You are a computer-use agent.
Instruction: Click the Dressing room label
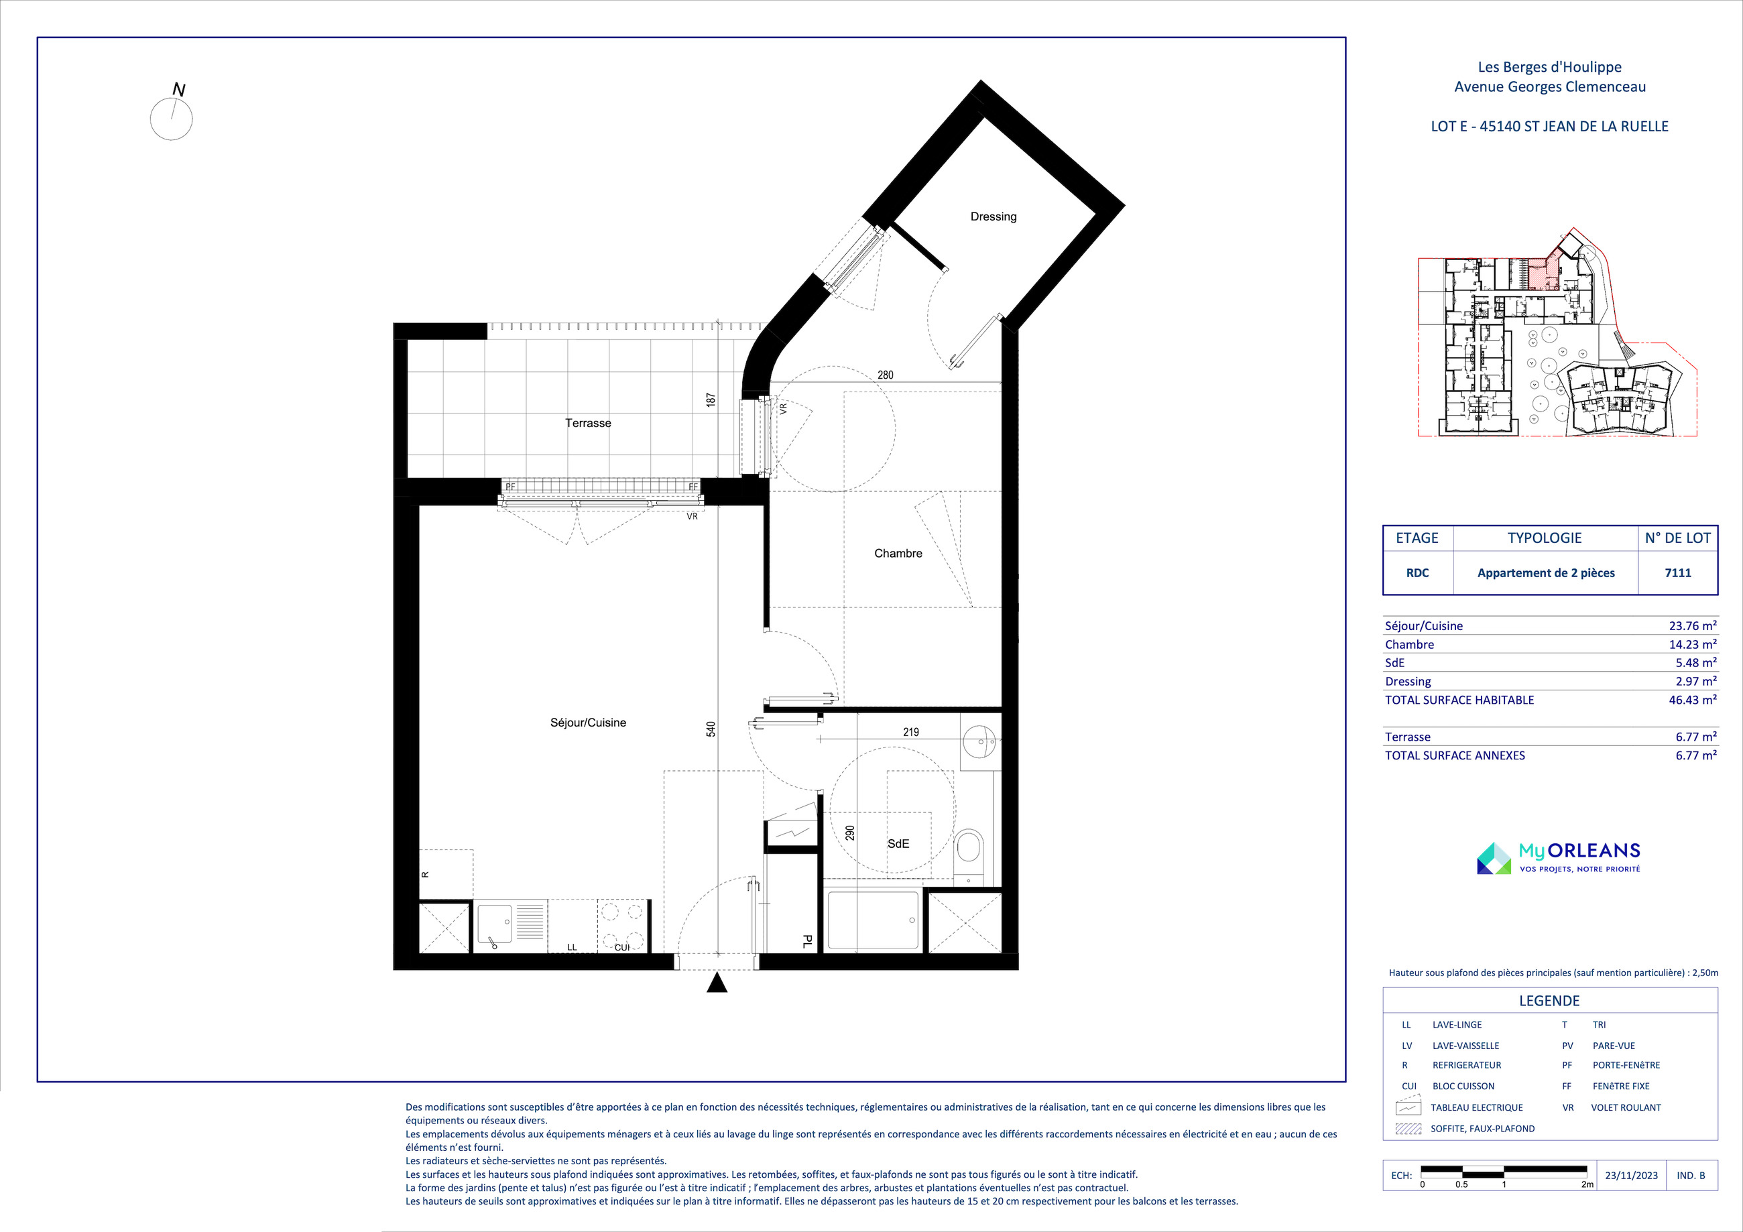(993, 217)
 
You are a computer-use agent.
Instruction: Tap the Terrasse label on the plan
(587, 423)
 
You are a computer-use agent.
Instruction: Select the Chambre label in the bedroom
(898, 554)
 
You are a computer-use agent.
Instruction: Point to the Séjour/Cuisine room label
(587, 723)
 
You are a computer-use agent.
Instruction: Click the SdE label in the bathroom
(898, 843)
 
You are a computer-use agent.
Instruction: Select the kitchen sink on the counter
(493, 924)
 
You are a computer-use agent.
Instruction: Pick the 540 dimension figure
(711, 729)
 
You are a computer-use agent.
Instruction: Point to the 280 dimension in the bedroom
(885, 375)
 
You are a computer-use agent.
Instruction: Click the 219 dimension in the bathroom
(911, 733)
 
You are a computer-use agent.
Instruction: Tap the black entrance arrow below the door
(717, 983)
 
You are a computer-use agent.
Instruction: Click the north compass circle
(172, 119)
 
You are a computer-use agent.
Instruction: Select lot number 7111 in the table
(1678, 573)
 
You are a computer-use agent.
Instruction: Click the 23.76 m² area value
(1692, 626)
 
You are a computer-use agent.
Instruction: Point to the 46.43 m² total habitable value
(1692, 700)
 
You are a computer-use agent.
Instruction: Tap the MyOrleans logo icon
(1494, 859)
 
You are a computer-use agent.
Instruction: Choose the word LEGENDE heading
(1549, 1001)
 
